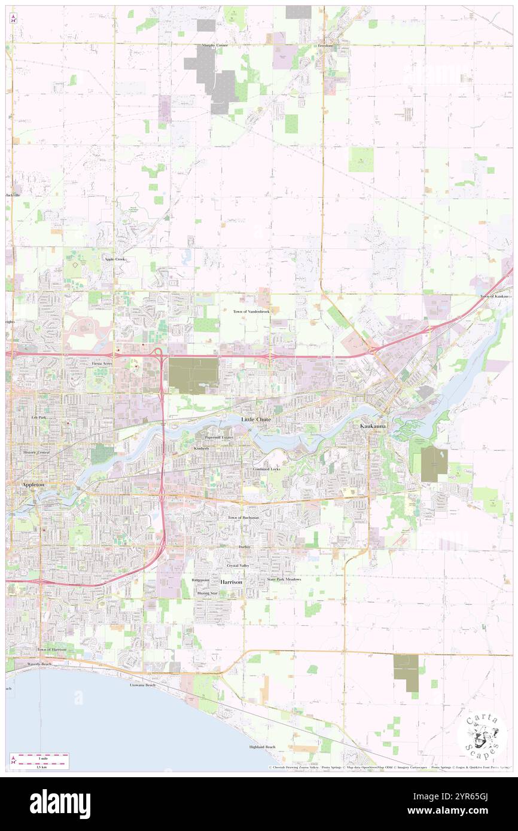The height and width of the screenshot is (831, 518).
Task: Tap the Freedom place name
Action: pyautogui.click(x=325, y=45)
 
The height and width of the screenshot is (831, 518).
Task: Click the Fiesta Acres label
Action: pyautogui.click(x=101, y=363)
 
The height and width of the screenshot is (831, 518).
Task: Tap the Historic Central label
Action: pyautogui.click(x=36, y=453)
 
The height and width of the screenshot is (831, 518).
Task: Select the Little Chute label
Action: pyautogui.click(x=256, y=420)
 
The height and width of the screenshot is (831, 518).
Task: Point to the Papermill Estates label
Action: pyautogui.click(x=219, y=438)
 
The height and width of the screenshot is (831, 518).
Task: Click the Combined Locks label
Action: pyautogui.click(x=266, y=469)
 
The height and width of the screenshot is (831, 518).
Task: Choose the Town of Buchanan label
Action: pyautogui.click(x=243, y=517)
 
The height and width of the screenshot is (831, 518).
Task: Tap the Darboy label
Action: pyautogui.click(x=243, y=546)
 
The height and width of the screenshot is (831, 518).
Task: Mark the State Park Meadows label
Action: pyautogui.click(x=284, y=579)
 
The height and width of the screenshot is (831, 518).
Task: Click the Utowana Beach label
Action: pyautogui.click(x=142, y=685)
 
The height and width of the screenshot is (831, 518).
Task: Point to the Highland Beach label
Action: pyautogui.click(x=263, y=747)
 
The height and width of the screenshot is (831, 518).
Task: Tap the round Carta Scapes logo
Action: pyautogui.click(x=482, y=735)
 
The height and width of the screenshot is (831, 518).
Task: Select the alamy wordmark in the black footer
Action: pyautogui.click(x=60, y=803)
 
